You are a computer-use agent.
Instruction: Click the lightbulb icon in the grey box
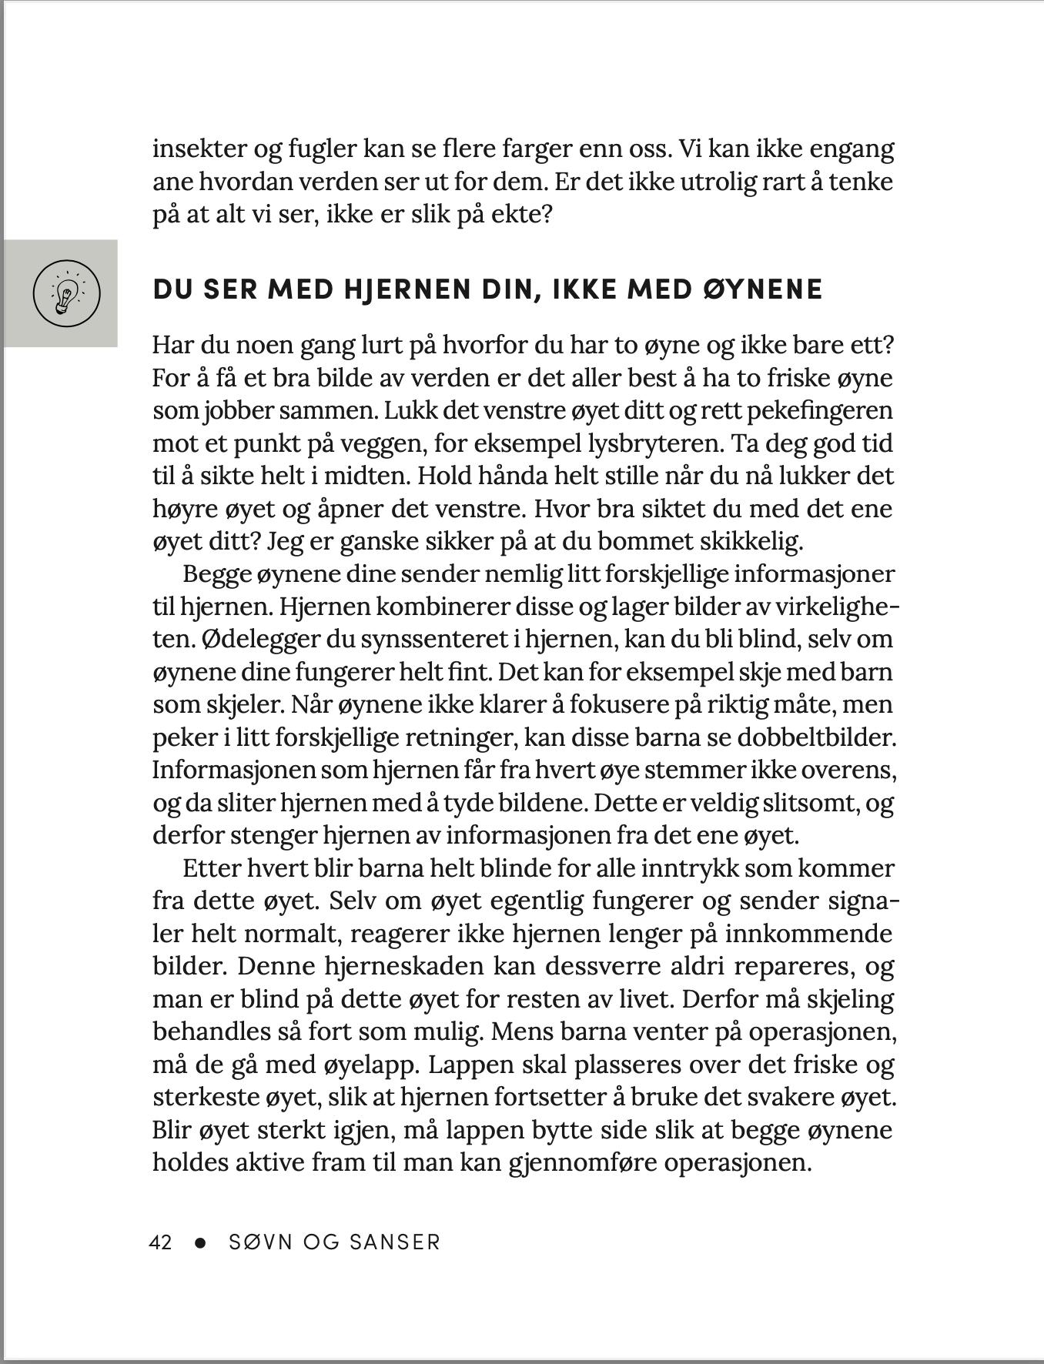point(66,293)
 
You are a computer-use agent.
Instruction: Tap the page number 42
point(161,1242)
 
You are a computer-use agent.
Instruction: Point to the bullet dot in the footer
point(201,1242)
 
